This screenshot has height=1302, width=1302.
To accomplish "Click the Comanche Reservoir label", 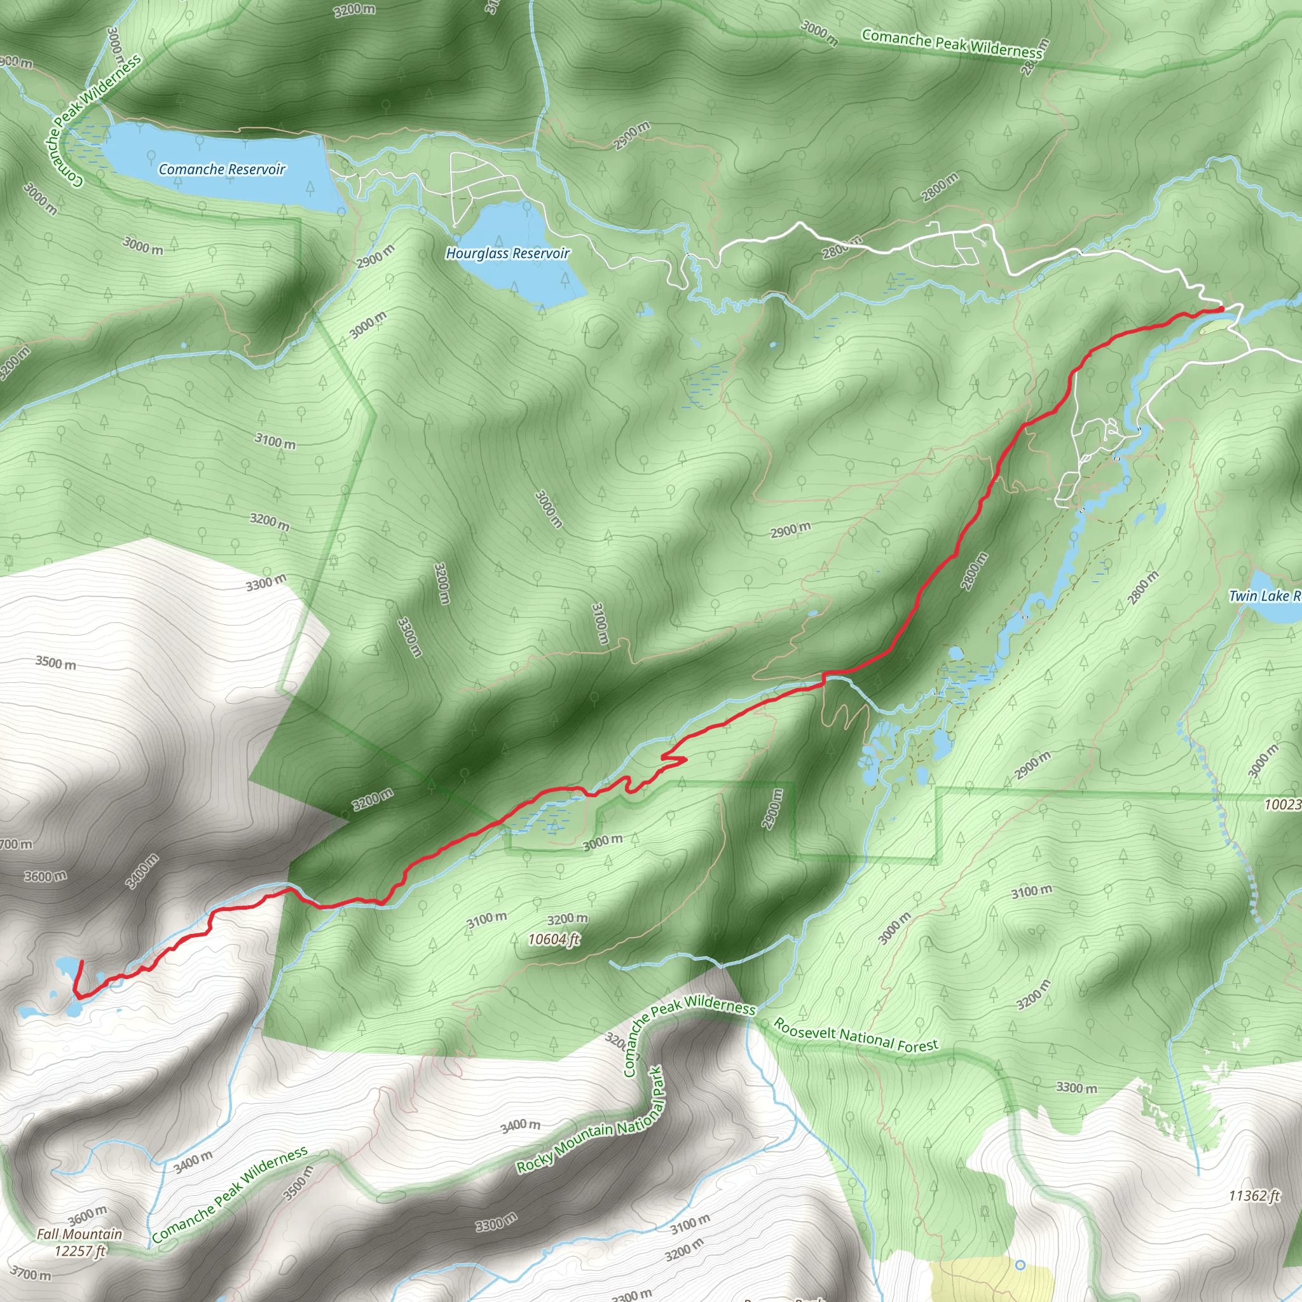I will [222, 169].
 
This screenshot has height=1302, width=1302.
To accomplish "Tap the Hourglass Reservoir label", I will [507, 254].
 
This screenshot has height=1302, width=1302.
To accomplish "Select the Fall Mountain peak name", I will [79, 1234].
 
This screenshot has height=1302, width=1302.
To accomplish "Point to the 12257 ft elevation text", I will [79, 1251].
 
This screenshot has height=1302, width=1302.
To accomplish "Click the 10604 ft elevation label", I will [554, 939].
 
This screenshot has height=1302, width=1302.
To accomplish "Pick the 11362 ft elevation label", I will [1254, 1196].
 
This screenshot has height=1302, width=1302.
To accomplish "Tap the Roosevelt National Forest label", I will [855, 1035].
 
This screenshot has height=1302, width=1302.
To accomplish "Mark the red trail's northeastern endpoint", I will [1221, 310].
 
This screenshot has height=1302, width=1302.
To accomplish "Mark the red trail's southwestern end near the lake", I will [81, 963].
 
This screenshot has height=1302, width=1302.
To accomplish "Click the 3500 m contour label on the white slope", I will [56, 662].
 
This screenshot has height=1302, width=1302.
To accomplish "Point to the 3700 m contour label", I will [31, 1275].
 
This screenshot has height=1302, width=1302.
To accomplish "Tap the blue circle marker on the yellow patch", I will [1020, 1265].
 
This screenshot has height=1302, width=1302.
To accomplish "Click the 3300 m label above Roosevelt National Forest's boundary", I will [1076, 1087].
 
